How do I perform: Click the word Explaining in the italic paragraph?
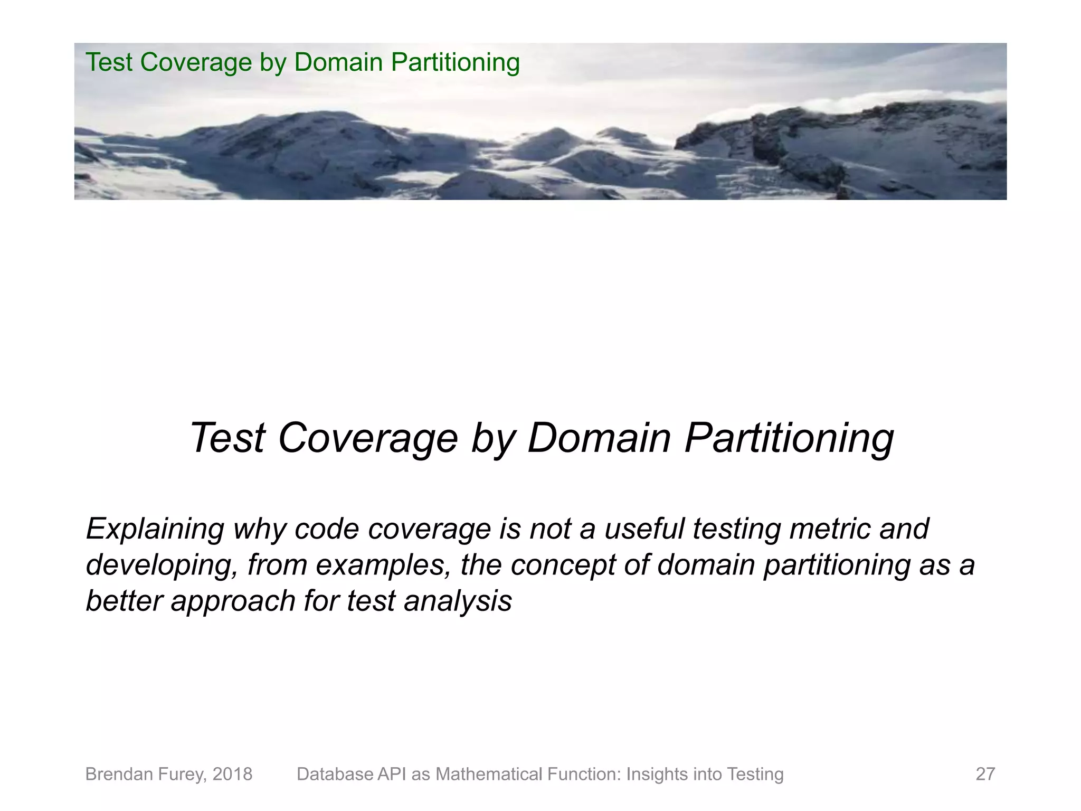[155, 529]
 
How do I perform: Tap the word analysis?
[458, 601]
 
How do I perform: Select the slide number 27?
[985, 774]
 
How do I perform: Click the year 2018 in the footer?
[232, 774]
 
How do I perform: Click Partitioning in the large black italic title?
[789, 438]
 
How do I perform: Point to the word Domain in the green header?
[338, 62]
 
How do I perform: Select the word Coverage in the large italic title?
[367, 438]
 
